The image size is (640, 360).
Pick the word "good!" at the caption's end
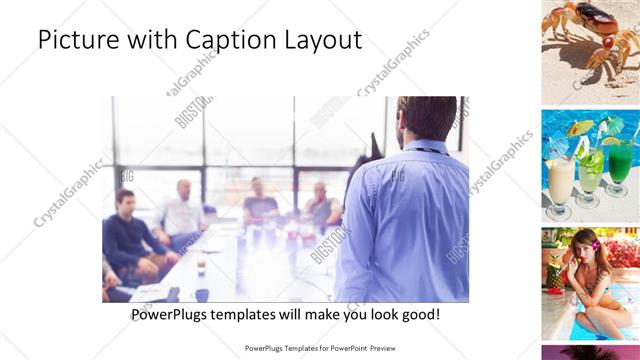point(418,314)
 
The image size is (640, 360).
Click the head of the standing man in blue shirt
point(427,118)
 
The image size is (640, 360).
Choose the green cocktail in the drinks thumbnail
point(620,165)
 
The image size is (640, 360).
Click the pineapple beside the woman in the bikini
point(553,270)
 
